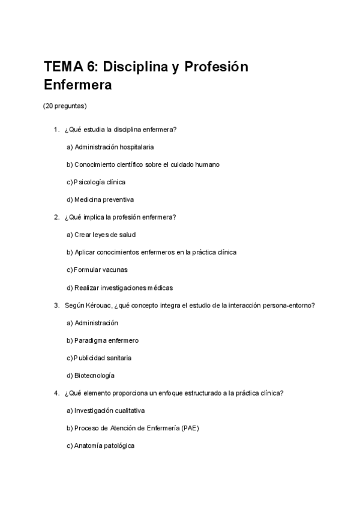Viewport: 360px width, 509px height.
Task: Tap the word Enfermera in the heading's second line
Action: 78,85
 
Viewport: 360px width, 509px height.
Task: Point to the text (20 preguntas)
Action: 65,106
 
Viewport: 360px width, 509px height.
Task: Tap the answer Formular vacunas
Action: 97,270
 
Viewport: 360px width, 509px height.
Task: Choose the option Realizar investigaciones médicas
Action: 120,288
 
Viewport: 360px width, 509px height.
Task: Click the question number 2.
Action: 56,217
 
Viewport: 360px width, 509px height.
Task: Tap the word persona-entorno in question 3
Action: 291,306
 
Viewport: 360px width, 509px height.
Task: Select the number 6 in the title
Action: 94,66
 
